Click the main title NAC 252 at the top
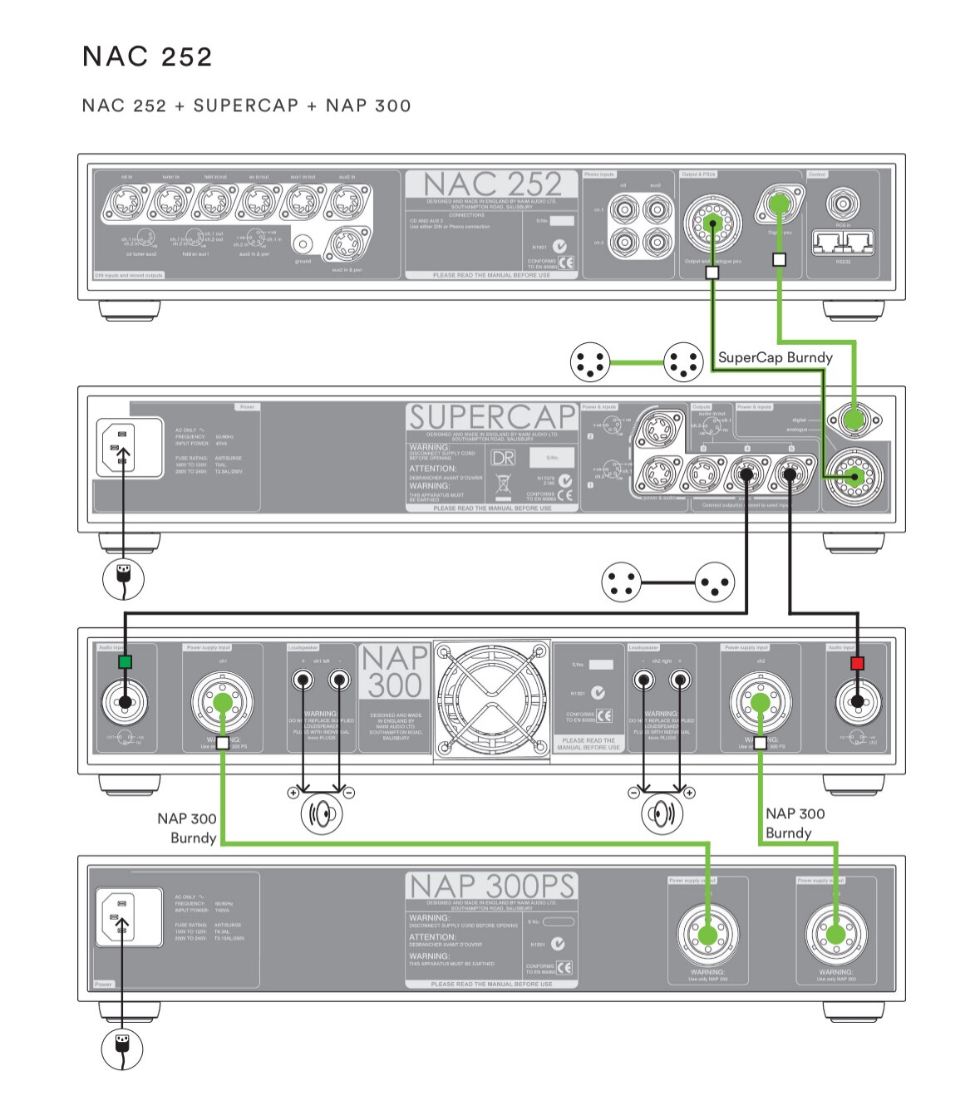[147, 56]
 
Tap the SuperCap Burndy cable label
[775, 357]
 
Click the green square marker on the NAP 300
[125, 662]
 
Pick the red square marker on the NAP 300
[857, 663]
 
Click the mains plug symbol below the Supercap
[123, 578]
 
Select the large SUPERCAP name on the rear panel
[492, 417]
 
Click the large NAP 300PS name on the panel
[491, 887]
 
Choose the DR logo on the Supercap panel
[503, 458]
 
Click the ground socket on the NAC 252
[303, 244]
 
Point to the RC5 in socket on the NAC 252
[843, 204]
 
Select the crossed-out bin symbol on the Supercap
[503, 484]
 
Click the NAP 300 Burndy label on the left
[187, 828]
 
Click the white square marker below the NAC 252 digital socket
[779, 259]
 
